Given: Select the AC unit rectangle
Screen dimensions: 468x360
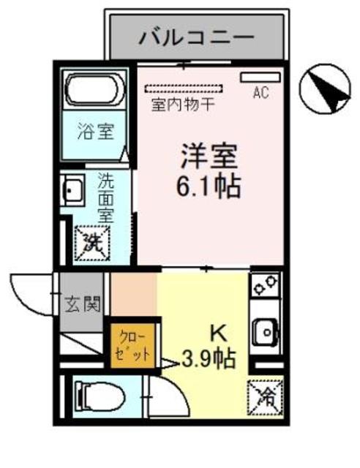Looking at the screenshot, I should point(260,78).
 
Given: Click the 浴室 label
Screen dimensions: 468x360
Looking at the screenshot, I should point(96,134).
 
